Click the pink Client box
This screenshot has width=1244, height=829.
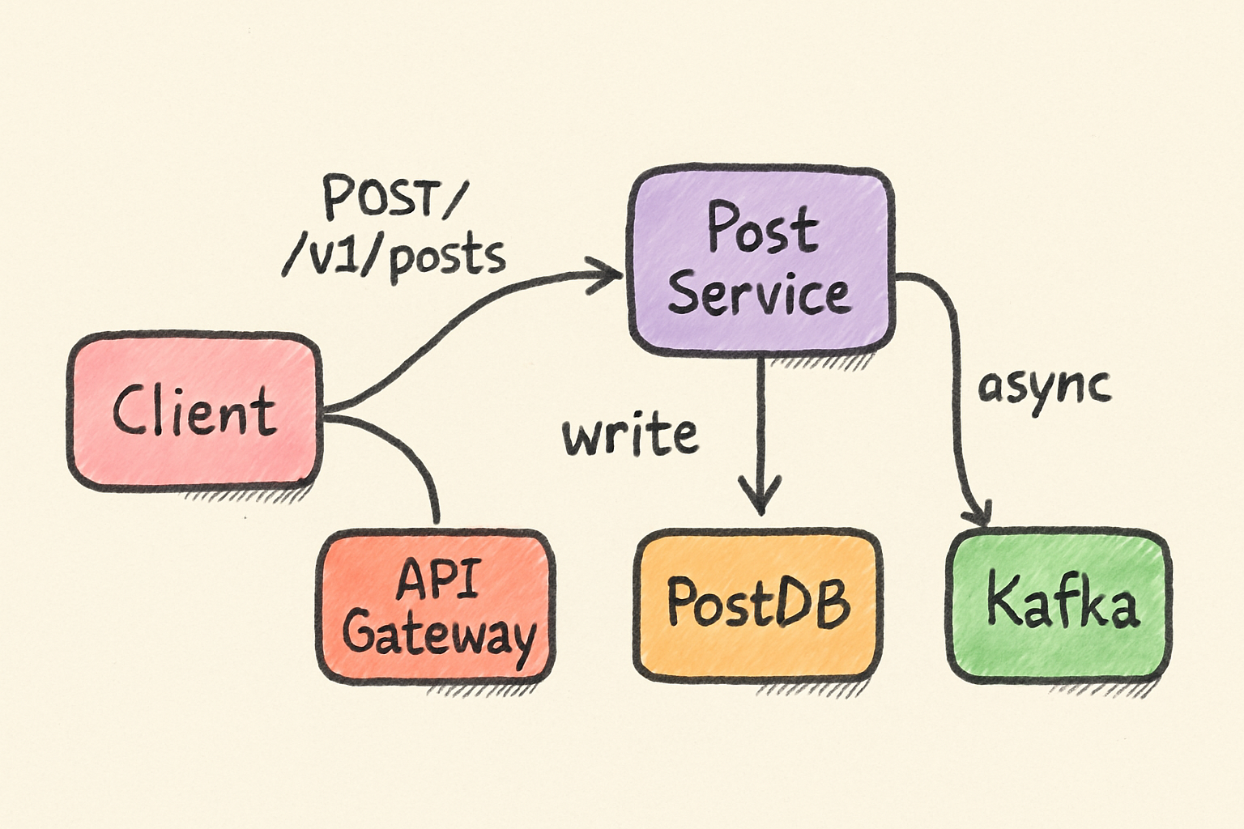coord(194,411)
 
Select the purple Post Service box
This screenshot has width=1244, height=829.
coord(760,261)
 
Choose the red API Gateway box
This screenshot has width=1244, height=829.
coord(436,607)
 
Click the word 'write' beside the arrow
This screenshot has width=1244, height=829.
coord(630,434)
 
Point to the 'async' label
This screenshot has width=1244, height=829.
coord(1044,390)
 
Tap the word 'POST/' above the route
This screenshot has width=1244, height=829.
coord(392,197)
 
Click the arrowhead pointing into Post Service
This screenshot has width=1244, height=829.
coord(605,274)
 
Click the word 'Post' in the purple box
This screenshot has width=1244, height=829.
coord(762,227)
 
